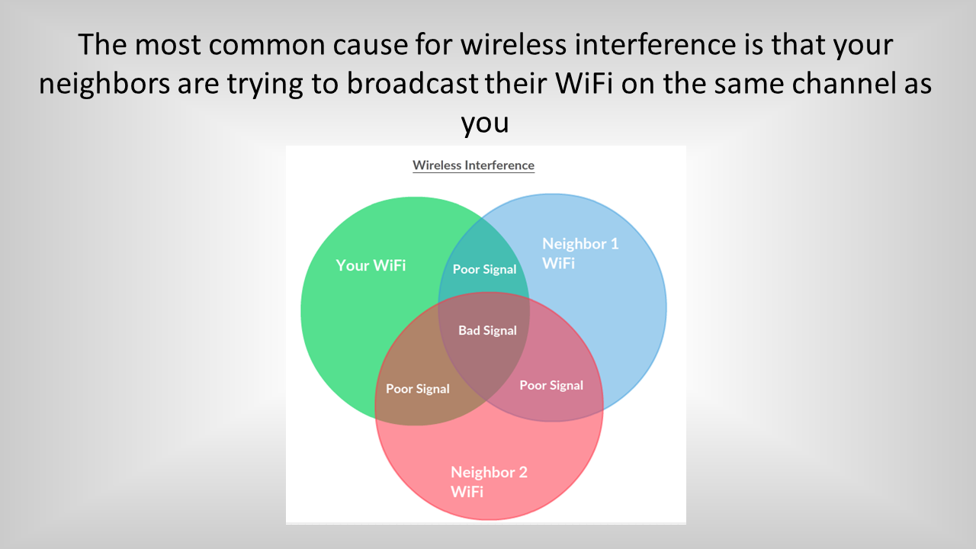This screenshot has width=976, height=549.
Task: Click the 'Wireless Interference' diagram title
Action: click(x=474, y=165)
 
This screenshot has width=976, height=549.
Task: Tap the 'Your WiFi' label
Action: click(x=371, y=265)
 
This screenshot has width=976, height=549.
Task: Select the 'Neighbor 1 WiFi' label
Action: click(x=580, y=253)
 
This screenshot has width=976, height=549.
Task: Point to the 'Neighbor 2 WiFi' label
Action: click(x=489, y=482)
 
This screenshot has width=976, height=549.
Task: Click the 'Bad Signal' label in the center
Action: click(x=487, y=330)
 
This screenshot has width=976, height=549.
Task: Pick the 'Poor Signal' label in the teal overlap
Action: click(x=484, y=269)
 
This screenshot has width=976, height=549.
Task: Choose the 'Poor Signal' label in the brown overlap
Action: click(x=417, y=389)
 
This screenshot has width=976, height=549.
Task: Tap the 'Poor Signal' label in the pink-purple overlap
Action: click(x=551, y=385)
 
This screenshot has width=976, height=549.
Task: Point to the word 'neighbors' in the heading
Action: click(x=104, y=85)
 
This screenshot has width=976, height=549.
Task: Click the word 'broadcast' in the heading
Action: click(x=413, y=83)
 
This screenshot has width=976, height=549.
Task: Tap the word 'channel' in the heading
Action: click(x=844, y=83)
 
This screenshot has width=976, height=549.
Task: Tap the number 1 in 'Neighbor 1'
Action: click(x=615, y=243)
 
